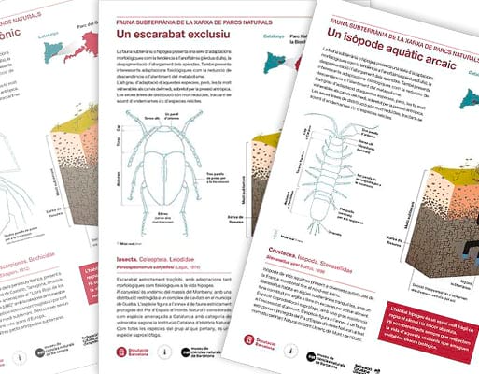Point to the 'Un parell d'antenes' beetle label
[x=173, y=113]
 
